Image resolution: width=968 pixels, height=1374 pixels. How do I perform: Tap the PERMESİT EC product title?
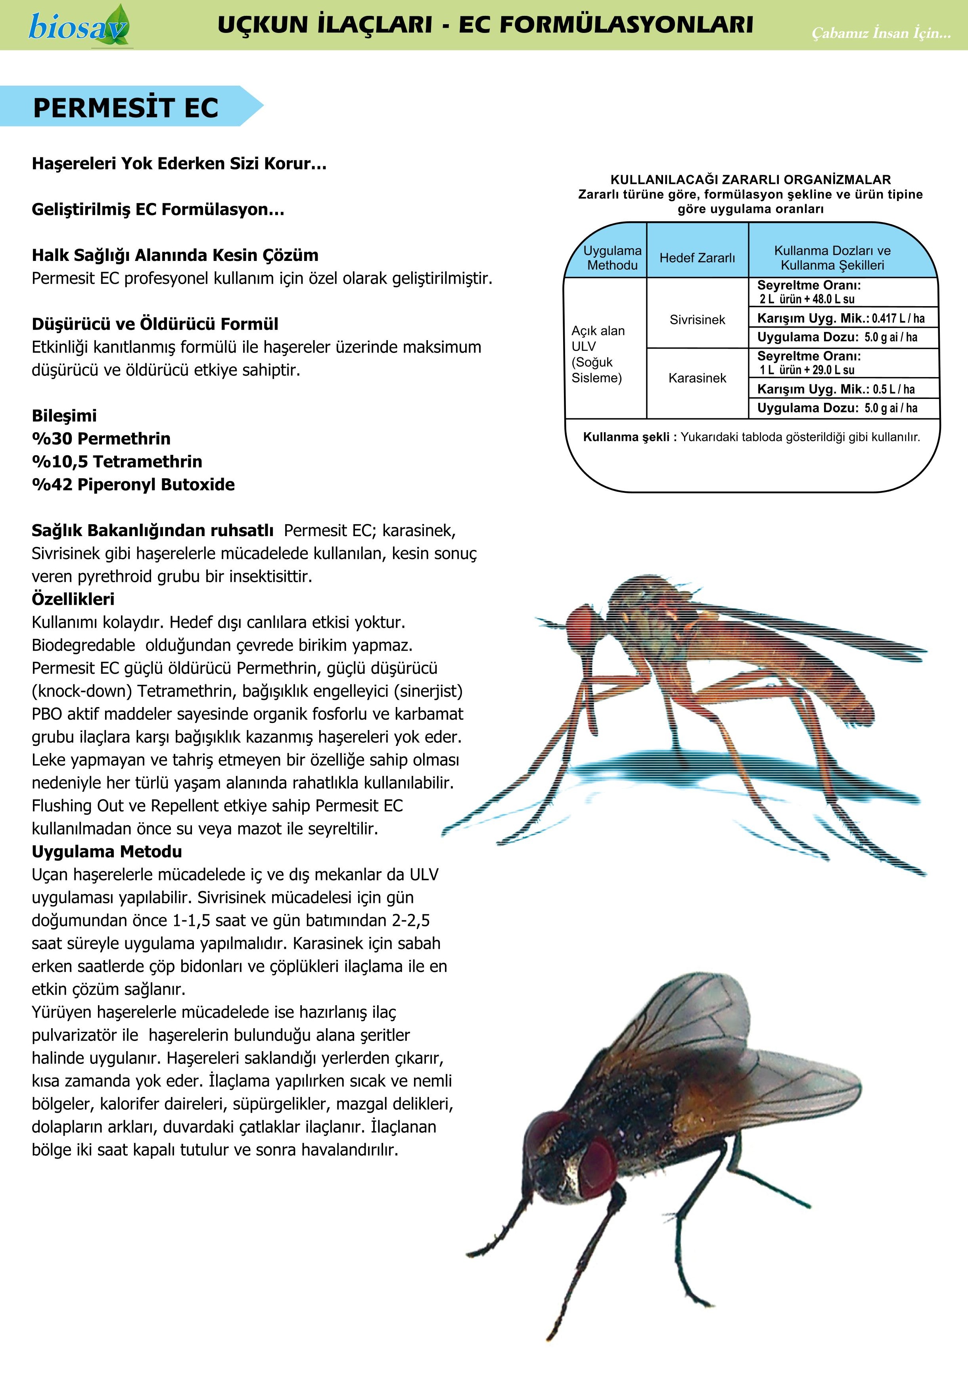coord(126,108)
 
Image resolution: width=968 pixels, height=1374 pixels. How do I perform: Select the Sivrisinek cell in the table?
coord(697,320)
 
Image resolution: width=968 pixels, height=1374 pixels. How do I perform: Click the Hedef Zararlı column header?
coord(697,258)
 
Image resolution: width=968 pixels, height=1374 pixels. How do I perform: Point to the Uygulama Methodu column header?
coord(612,258)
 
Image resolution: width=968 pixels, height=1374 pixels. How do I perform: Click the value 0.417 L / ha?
coord(898,318)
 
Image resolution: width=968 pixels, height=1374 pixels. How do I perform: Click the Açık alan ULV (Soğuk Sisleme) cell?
coord(599,354)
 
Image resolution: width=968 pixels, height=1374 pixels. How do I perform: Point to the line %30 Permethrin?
coord(101,439)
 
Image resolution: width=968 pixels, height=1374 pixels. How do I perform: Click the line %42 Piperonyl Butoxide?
coord(133,485)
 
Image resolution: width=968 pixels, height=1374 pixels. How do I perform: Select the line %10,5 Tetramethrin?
coord(117,462)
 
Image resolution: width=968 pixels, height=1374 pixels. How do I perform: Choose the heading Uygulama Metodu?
coord(107,852)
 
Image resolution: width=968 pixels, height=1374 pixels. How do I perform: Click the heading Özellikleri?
coord(73,599)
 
